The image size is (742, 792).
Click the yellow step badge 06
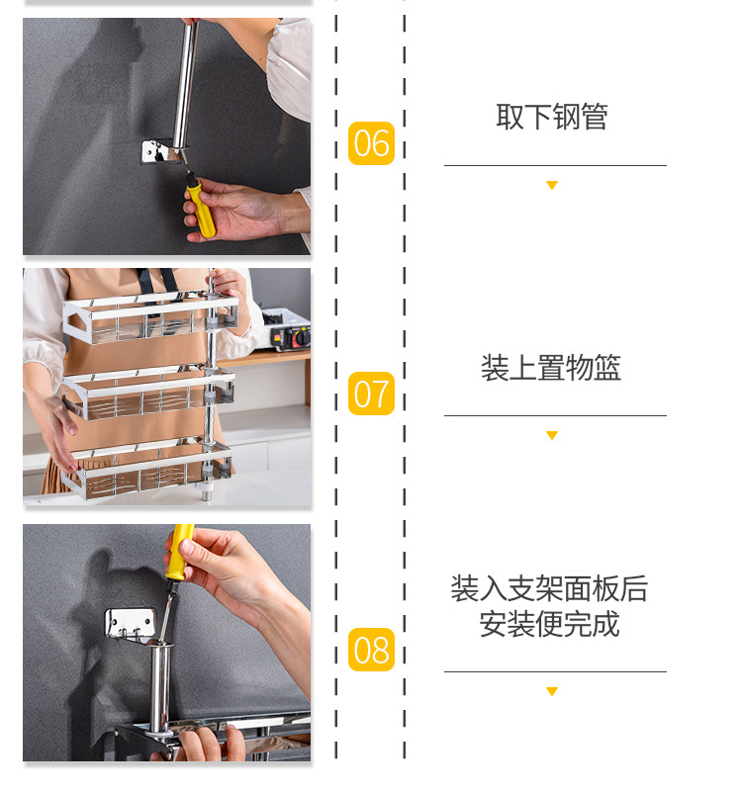[371, 143]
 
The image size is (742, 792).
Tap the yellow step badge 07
[371, 395]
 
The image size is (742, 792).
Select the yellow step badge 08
[371, 650]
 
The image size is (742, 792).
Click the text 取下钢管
[552, 117]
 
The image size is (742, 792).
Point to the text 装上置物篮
[551, 368]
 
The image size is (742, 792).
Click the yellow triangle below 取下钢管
[552, 186]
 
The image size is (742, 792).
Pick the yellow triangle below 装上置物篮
[552, 436]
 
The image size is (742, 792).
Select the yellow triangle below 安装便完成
[552, 691]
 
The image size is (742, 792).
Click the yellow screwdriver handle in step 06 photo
[202, 210]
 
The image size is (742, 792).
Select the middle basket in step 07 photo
[148, 393]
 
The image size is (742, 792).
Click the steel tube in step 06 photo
[184, 84]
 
